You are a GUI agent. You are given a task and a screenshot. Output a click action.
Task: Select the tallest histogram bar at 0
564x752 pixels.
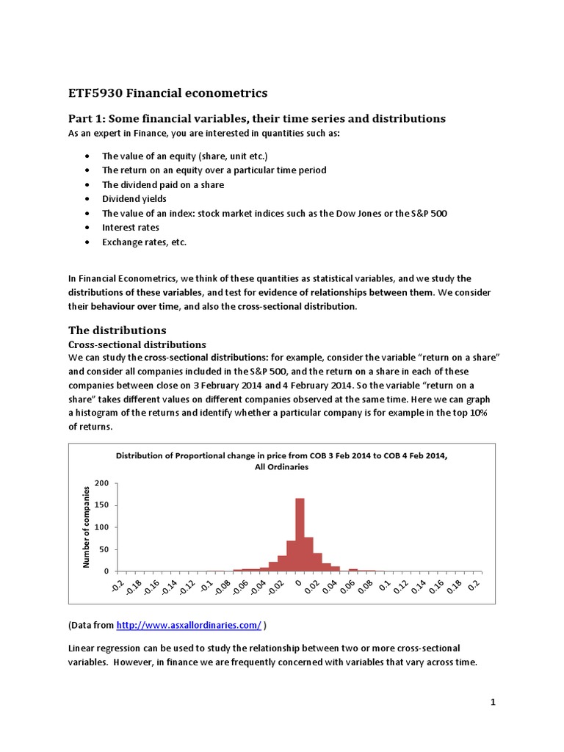point(300,534)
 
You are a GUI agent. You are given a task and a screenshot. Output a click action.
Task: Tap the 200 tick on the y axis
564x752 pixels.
point(101,483)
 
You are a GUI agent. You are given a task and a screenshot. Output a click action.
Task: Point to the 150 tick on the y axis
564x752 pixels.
point(101,505)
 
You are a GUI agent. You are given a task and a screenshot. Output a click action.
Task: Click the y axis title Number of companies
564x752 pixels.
point(86,527)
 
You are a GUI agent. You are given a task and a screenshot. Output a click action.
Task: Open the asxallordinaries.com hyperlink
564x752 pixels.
point(189,625)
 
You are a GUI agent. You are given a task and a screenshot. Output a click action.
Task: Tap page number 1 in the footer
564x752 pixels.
point(494,703)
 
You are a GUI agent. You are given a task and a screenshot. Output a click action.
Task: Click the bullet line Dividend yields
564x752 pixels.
point(134,199)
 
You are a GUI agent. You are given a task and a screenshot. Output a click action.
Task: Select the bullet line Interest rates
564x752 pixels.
point(130,228)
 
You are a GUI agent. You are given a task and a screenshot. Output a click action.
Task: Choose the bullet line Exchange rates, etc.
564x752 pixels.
point(140,242)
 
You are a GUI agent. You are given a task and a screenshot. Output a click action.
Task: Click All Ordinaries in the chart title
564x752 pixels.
point(281,467)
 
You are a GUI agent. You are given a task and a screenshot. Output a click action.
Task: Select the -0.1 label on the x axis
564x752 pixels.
point(209,587)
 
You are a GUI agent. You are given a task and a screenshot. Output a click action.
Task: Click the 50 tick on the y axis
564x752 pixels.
point(104,549)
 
